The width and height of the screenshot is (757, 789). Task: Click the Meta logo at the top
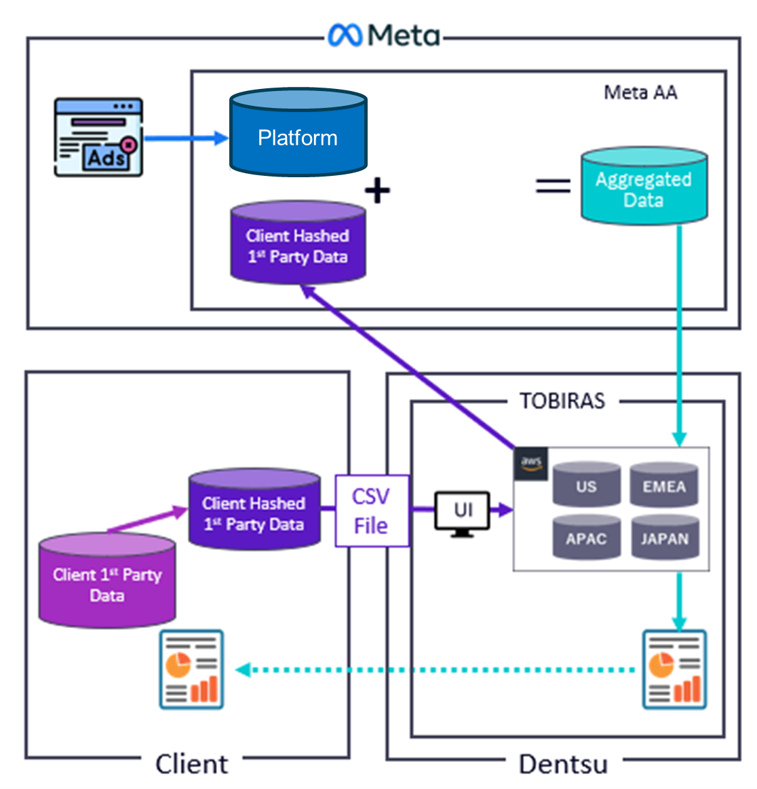(x=383, y=35)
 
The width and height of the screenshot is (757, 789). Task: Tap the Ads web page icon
(x=98, y=137)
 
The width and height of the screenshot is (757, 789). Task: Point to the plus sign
(x=377, y=190)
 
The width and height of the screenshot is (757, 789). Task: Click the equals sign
(x=553, y=185)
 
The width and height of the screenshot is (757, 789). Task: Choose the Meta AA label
(x=640, y=92)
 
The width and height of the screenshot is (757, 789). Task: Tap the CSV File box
(x=372, y=511)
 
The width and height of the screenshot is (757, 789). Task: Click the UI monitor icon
(x=463, y=513)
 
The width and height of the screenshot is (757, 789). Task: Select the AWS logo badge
(x=531, y=463)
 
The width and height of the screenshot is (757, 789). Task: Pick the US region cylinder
(x=586, y=485)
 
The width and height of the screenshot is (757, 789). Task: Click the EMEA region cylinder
(x=664, y=485)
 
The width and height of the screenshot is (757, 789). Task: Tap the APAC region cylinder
(x=586, y=537)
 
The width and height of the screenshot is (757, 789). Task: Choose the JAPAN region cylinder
(x=664, y=537)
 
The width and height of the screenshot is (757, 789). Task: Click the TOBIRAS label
(x=562, y=401)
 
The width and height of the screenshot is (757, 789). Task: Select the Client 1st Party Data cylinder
(x=107, y=581)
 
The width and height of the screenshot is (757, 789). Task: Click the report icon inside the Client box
(x=192, y=669)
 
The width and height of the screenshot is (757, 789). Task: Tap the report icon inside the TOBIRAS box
(x=674, y=669)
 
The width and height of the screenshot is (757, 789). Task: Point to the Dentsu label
(x=563, y=764)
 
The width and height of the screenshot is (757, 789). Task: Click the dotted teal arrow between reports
(x=434, y=670)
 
